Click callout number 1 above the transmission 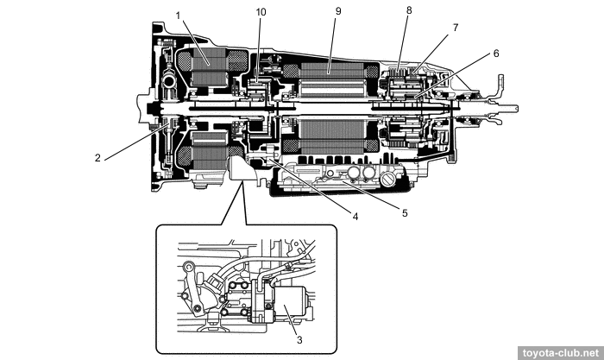[x=178, y=15]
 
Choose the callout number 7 [x=455, y=27]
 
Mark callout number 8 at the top [x=409, y=9]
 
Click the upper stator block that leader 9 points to [x=332, y=83]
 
